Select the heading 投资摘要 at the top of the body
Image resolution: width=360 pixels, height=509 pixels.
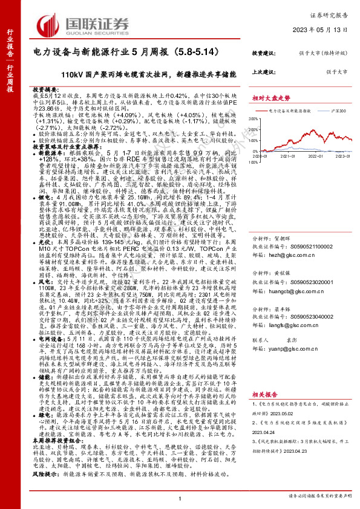click(43, 88)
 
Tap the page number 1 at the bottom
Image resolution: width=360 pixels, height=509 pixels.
click(180, 496)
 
